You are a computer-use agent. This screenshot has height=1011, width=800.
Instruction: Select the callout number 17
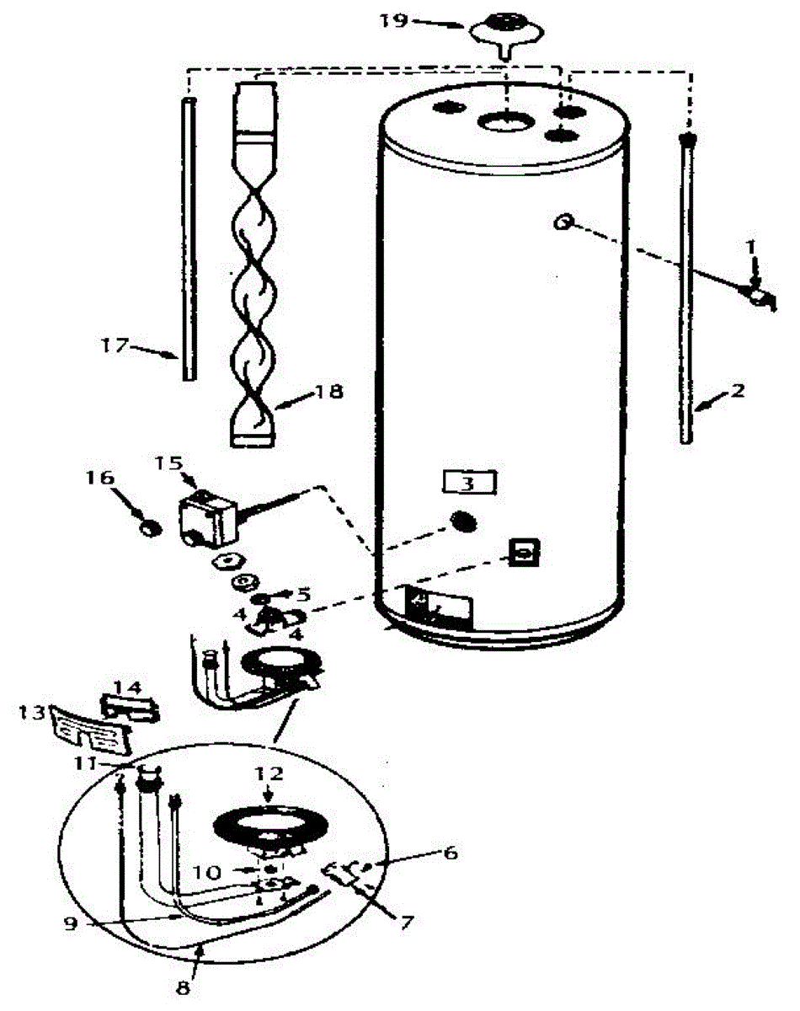click(115, 345)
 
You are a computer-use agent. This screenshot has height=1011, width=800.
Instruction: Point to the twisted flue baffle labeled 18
click(253, 264)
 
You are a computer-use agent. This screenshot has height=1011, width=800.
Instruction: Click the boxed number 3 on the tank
click(468, 484)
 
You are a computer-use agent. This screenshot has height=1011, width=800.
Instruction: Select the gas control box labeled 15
click(205, 519)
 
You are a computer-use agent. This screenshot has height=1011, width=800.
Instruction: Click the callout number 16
click(99, 478)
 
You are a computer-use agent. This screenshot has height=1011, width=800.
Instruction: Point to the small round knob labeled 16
click(152, 530)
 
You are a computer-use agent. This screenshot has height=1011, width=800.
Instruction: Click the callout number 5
click(304, 595)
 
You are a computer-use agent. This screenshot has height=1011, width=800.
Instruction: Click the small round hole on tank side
click(563, 222)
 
